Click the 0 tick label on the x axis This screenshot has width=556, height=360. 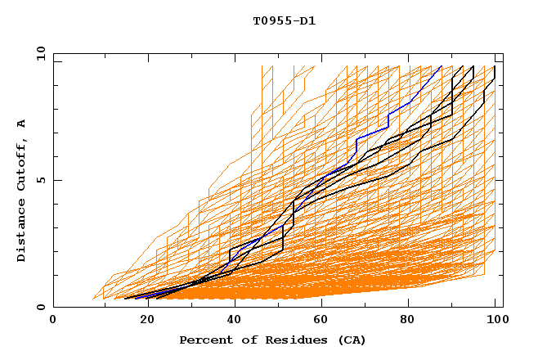54,320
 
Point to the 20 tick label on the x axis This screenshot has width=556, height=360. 142,320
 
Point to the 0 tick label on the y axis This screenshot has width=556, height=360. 41,308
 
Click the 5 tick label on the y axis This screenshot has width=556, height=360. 41,180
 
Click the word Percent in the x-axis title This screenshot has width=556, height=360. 202,340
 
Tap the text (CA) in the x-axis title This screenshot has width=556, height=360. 353,340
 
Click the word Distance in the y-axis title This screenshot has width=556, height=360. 22,231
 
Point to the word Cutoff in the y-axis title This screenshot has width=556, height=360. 22,164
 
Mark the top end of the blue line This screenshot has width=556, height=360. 442,66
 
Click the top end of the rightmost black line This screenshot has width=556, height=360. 495,66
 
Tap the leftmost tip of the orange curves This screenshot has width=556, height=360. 94,299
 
